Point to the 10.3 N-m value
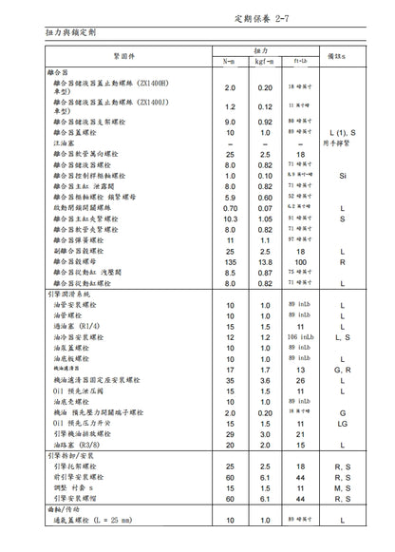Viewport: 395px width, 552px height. click(230, 220)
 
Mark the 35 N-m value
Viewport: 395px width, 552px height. click(230, 381)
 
